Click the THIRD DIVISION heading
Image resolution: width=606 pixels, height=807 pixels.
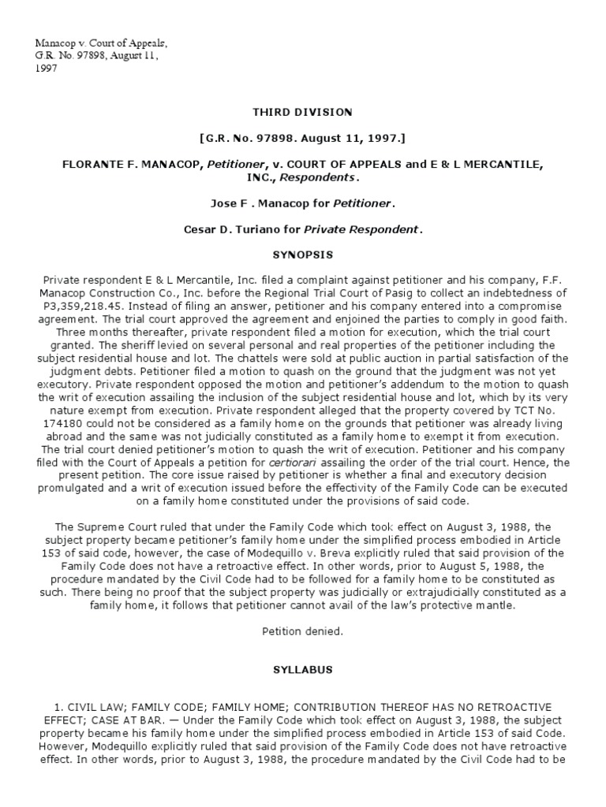tap(303, 113)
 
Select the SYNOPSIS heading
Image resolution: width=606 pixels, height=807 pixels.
tap(303, 255)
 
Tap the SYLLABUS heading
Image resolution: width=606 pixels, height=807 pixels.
tap(303, 669)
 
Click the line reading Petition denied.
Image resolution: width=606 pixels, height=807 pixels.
tap(303, 630)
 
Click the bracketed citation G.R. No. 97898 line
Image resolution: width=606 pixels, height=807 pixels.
tap(303, 139)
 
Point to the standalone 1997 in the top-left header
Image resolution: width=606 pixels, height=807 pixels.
tap(43, 69)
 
